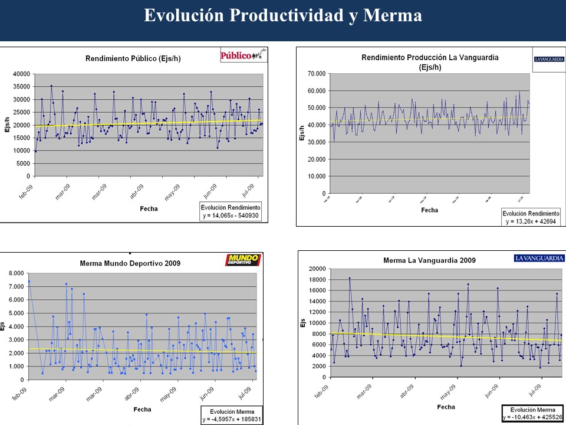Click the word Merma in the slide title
click(x=393, y=16)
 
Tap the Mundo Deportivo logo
click(x=243, y=260)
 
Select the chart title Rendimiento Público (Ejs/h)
click(x=129, y=58)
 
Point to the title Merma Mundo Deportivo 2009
click(x=130, y=263)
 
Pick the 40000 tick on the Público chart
click(x=21, y=74)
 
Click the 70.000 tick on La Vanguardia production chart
click(x=316, y=74)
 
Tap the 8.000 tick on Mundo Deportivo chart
click(x=15, y=273)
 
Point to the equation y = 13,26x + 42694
click(x=531, y=221)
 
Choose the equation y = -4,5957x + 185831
click(x=231, y=419)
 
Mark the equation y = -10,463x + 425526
click(x=533, y=417)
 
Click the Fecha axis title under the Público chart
click(x=149, y=208)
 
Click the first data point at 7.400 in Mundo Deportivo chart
click(x=29, y=282)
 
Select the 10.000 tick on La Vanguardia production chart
click(x=316, y=176)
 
